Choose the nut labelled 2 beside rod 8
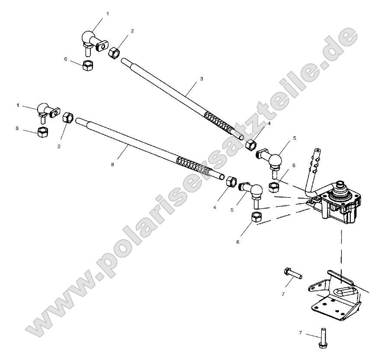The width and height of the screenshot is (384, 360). (x=68, y=118)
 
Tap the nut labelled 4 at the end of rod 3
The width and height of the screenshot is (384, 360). (x=250, y=145)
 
